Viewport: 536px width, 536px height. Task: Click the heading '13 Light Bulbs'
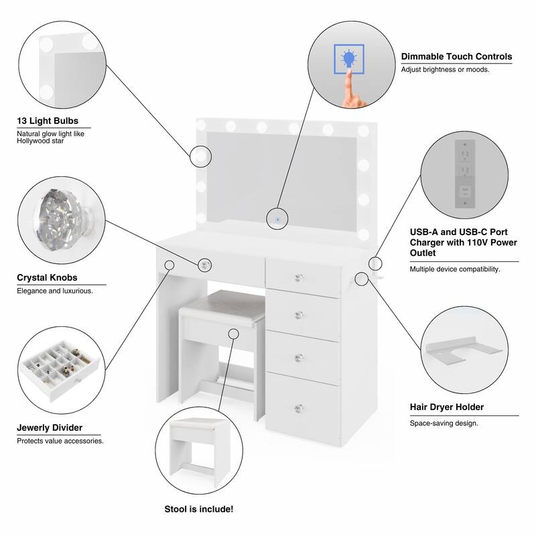pos(48,121)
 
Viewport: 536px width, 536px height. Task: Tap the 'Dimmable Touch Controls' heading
pos(456,57)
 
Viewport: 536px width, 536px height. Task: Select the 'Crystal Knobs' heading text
pos(47,277)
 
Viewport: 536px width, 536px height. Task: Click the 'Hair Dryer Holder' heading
pos(447,407)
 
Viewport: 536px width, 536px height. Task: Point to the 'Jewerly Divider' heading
pos(50,427)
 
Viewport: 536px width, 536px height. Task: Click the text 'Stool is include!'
pos(199,510)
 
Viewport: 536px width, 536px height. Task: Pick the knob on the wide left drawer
pos(203,265)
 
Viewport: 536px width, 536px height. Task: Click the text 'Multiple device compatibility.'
pos(455,269)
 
